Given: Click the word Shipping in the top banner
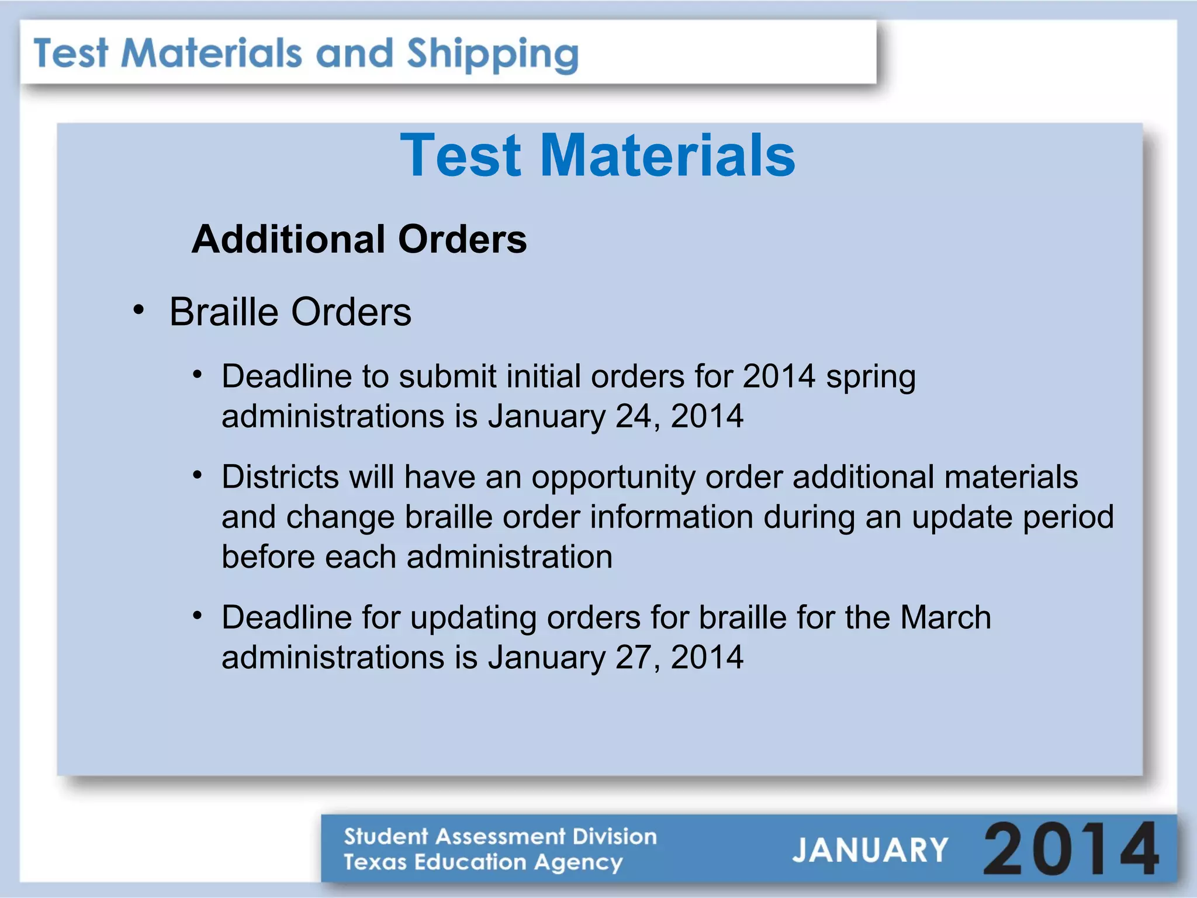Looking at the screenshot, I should click(492, 54).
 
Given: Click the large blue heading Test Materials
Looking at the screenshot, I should click(597, 155).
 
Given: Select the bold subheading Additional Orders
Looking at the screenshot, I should click(359, 240).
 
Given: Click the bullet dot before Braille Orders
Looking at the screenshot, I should click(139, 310).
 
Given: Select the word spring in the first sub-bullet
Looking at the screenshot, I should click(870, 377).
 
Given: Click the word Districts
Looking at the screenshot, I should click(280, 476).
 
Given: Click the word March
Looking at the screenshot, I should click(945, 617).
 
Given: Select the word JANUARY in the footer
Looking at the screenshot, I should click(870, 850).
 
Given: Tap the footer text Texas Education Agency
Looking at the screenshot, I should click(483, 862).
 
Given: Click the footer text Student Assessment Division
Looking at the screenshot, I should click(500, 836).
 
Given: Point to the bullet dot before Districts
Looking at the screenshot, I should click(198, 475).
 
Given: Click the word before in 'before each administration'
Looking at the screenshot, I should click(268, 557).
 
